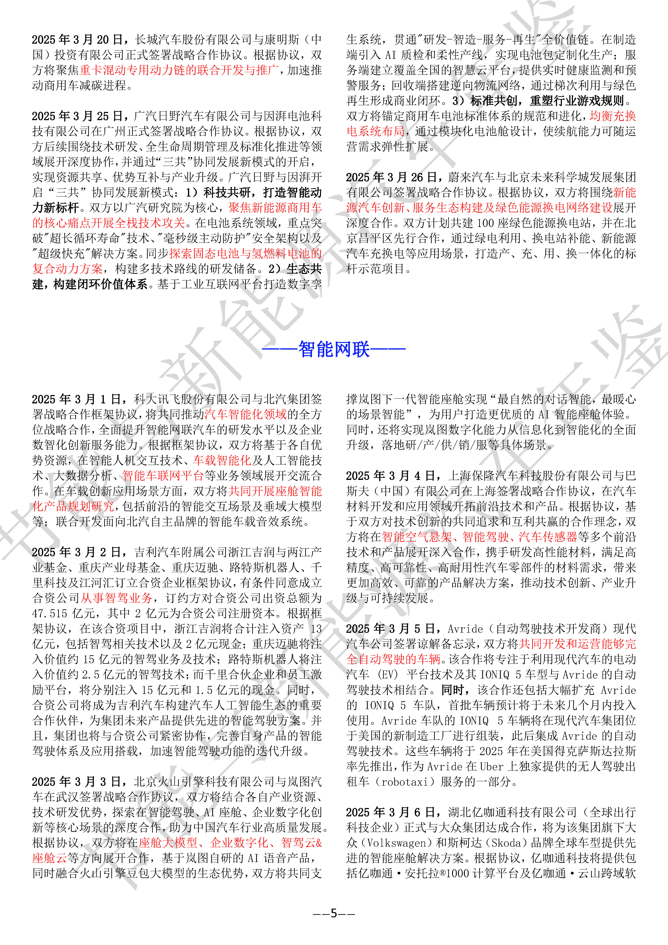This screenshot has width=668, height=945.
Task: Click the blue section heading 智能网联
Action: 334,349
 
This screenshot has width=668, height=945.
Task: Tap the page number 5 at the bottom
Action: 334,913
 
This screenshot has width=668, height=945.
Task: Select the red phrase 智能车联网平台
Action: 163,476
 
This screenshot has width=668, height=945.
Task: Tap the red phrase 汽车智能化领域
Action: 245,414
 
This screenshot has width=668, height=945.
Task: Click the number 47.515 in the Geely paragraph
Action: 49,614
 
